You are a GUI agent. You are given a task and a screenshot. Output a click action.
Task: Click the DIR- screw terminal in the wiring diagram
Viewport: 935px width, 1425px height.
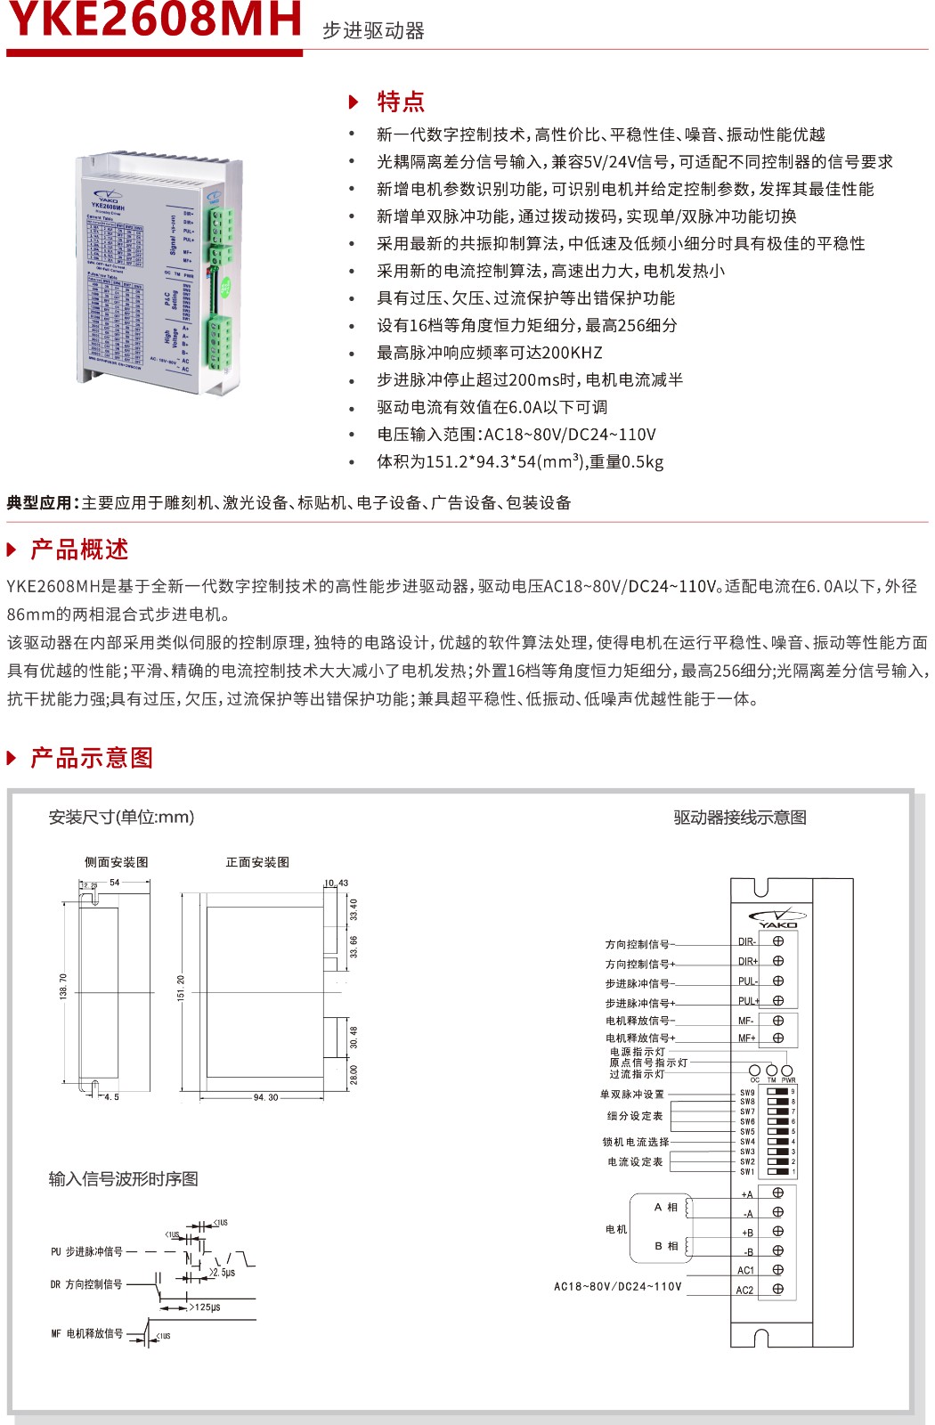click(x=778, y=941)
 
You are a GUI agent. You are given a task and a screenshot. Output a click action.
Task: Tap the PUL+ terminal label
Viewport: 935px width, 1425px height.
click(x=748, y=1001)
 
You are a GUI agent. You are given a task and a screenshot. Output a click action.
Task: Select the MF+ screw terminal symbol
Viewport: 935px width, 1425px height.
click(x=778, y=1038)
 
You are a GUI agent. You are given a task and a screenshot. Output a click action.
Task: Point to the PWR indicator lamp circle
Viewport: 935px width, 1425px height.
click(x=787, y=1070)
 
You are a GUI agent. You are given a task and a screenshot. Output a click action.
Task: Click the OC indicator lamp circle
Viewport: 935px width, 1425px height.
click(x=755, y=1070)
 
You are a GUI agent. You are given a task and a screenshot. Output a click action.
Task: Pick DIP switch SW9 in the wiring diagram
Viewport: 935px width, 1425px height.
click(x=778, y=1091)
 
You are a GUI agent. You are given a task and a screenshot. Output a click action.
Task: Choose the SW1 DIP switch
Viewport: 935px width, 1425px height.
click(x=778, y=1171)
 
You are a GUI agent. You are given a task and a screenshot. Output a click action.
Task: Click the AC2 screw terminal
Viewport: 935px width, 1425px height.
click(x=778, y=1289)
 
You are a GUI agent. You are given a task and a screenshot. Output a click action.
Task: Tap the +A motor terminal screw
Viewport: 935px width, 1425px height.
click(x=778, y=1193)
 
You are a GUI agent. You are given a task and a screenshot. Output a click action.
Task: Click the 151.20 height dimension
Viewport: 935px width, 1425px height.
click(x=181, y=989)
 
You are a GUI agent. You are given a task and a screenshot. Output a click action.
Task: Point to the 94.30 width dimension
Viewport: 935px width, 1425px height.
click(x=265, y=1097)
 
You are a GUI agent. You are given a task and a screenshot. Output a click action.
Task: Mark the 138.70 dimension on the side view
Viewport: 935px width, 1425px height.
click(x=63, y=986)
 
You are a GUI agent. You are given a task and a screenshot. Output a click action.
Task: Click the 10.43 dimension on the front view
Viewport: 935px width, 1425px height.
click(x=337, y=883)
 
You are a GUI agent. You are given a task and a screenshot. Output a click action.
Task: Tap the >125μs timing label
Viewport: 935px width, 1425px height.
click(x=206, y=1307)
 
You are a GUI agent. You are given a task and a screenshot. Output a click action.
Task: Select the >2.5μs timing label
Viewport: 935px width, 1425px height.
click(x=223, y=1273)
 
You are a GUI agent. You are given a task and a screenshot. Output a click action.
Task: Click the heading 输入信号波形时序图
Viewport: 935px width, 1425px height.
click(x=124, y=1179)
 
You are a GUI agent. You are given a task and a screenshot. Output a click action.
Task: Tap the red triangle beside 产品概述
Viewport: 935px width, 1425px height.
click(x=12, y=550)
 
